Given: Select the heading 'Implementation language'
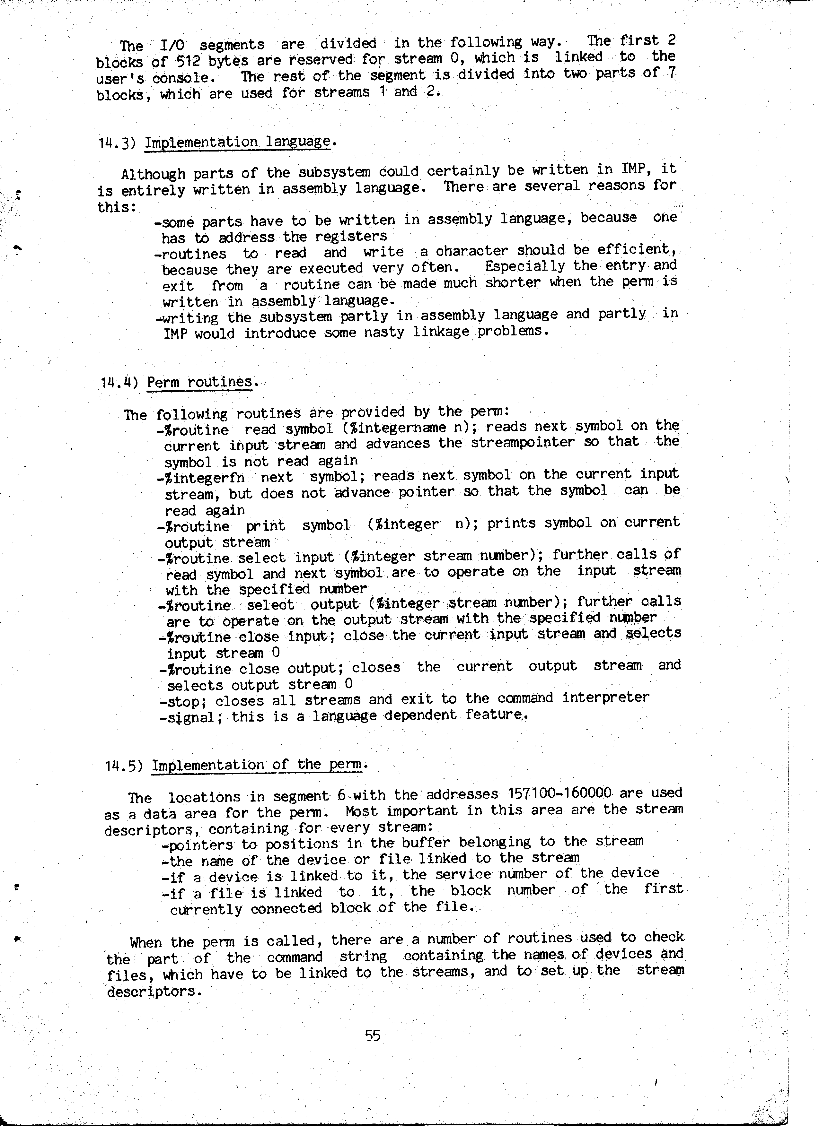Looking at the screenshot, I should [237, 142].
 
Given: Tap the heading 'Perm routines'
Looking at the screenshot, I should [200, 382].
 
